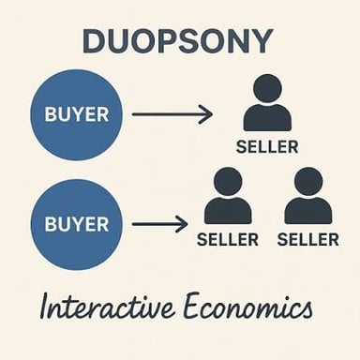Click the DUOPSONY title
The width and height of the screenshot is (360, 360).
[x=178, y=41]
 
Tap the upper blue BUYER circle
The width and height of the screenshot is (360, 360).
[x=77, y=114]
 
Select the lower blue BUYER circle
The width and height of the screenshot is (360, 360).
[x=77, y=224]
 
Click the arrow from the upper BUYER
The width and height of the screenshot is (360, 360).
[x=172, y=114]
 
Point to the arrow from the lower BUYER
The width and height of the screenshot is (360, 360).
[x=159, y=224]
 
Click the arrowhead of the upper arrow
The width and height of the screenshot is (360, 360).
[x=207, y=114]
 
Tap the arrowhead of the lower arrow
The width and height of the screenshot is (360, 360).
[x=182, y=224]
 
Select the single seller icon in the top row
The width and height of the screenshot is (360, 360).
[x=267, y=102]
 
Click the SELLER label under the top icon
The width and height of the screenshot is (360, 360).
[x=267, y=147]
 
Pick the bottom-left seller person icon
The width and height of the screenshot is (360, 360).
[x=228, y=196]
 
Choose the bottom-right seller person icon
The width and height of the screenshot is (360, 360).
[x=308, y=196]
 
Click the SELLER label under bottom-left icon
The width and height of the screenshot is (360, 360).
[x=228, y=240]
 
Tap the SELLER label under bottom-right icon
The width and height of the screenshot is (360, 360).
[x=308, y=240]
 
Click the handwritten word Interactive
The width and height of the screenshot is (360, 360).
[x=107, y=305]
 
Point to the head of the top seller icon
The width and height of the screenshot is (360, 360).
[x=267, y=88]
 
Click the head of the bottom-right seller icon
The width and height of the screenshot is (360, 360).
[x=308, y=182]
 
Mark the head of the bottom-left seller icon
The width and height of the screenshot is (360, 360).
[x=228, y=182]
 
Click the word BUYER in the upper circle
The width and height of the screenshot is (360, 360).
[x=77, y=114]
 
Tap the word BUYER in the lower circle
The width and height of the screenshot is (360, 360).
[x=77, y=224]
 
